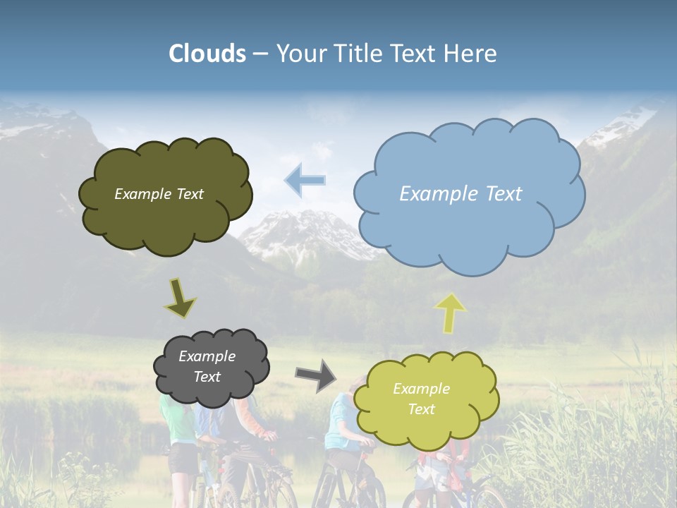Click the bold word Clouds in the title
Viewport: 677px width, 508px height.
(207, 54)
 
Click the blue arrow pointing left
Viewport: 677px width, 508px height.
(305, 180)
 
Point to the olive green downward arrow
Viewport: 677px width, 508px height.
(181, 298)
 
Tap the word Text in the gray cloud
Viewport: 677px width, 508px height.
(207, 377)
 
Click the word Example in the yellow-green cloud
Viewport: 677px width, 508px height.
(421, 389)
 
